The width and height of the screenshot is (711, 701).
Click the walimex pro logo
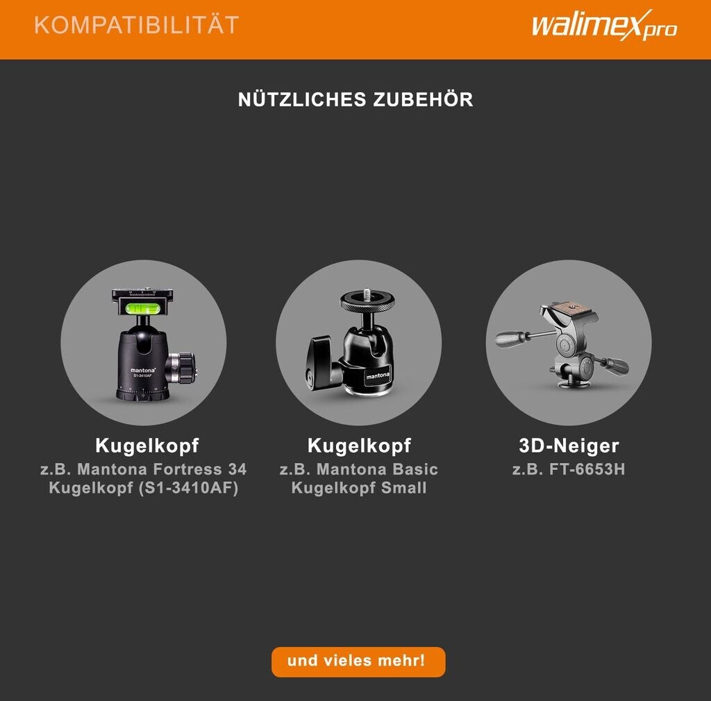click(604, 26)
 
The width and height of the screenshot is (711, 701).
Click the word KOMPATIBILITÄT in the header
click(137, 24)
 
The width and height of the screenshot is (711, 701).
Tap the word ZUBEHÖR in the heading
click(423, 99)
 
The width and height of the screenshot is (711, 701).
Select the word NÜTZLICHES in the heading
click(302, 99)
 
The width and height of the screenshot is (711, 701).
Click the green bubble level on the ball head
click(143, 310)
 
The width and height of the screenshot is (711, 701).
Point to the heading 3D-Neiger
click(569, 446)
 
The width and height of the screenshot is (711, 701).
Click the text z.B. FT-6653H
click(569, 469)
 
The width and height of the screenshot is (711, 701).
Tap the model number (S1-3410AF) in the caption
click(189, 488)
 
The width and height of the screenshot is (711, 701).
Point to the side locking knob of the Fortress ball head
click(183, 367)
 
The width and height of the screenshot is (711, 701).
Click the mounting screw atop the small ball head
click(367, 295)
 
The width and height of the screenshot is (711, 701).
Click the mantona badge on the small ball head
click(377, 375)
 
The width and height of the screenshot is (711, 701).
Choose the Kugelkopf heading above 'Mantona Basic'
click(359, 446)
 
